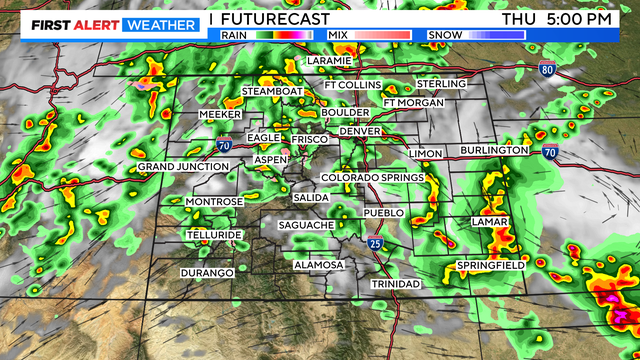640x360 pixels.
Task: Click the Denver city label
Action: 360,131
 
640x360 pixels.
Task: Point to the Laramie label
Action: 330,61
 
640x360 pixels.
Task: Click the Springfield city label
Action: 490,265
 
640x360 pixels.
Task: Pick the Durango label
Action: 207,273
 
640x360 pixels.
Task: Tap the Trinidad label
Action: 396,284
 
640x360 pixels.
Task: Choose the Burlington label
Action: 494,150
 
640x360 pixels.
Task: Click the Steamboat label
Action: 271,92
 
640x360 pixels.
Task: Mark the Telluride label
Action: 214,235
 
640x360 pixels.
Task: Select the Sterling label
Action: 441,83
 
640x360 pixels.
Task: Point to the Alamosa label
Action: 319,265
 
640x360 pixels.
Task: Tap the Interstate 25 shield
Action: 374,243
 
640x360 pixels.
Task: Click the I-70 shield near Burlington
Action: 550,151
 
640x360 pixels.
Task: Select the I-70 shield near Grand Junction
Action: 224,146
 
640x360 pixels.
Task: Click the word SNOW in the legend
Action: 446,35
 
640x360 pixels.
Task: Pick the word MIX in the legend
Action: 337,35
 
